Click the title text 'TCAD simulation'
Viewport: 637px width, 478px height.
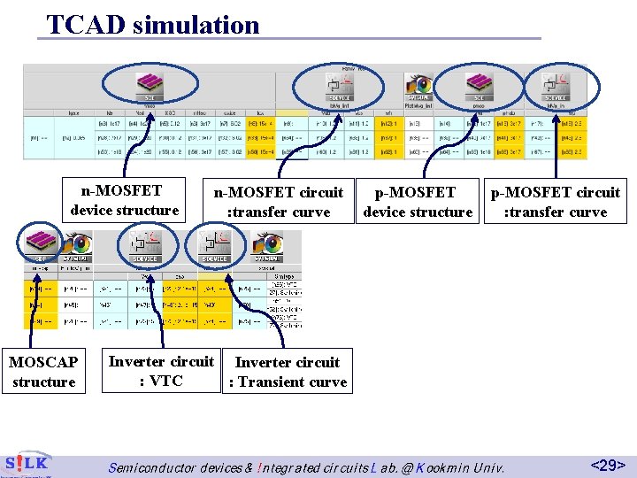[152, 24]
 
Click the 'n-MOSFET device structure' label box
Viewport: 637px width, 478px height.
[125, 200]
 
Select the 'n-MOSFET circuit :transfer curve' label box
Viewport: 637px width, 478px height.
[279, 202]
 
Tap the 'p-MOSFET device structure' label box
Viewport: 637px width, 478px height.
[418, 202]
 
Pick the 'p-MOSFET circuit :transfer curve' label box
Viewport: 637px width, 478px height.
[556, 202]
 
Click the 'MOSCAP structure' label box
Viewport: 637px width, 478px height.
[43, 372]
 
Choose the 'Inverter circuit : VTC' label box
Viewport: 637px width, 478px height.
[161, 371]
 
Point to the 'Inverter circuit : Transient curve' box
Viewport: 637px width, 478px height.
[288, 372]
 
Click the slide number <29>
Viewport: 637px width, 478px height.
[608, 465]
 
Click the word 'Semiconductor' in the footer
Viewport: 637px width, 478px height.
[159, 466]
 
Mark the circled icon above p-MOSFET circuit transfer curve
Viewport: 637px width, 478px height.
[556, 87]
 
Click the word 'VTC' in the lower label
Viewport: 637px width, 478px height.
[166, 382]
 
